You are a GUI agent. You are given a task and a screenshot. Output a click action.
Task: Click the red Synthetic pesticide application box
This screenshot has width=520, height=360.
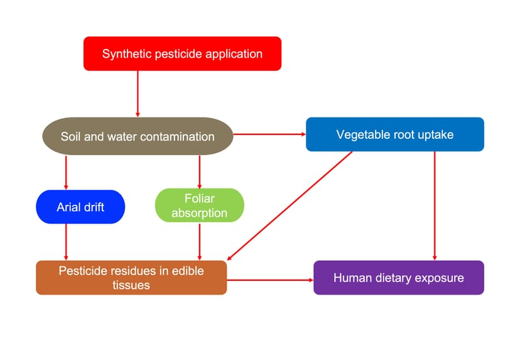pyautogui.click(x=182, y=53)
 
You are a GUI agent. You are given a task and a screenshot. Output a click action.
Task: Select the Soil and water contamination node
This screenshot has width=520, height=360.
pyautogui.click(x=138, y=136)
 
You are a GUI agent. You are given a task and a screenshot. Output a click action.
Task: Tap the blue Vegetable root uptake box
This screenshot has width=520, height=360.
pyautogui.click(x=394, y=134)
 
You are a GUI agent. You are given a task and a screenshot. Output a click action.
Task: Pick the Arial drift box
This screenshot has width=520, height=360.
pyautogui.click(x=80, y=206)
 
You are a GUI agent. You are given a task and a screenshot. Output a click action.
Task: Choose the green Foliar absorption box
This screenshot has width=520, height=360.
pyautogui.click(x=199, y=205)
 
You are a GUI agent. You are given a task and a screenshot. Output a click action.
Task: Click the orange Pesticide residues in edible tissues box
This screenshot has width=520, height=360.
pyautogui.click(x=131, y=278)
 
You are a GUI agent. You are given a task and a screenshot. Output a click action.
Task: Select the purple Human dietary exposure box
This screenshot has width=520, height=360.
pyautogui.click(x=398, y=278)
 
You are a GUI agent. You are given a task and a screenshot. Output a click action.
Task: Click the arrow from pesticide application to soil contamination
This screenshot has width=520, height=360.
pyautogui.click(x=137, y=94)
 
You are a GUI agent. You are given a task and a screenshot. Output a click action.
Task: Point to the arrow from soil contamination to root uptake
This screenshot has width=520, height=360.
pyautogui.click(x=269, y=134)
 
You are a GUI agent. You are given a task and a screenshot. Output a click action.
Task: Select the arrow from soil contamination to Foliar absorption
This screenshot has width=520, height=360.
pyautogui.click(x=199, y=171)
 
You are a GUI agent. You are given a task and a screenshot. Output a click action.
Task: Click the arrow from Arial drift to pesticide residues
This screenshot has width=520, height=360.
pyautogui.click(x=66, y=242)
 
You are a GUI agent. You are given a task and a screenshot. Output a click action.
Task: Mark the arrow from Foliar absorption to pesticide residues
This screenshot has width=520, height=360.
pyautogui.click(x=199, y=242)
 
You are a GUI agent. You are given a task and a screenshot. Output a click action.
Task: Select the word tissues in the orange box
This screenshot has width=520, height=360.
pyautogui.click(x=131, y=285)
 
